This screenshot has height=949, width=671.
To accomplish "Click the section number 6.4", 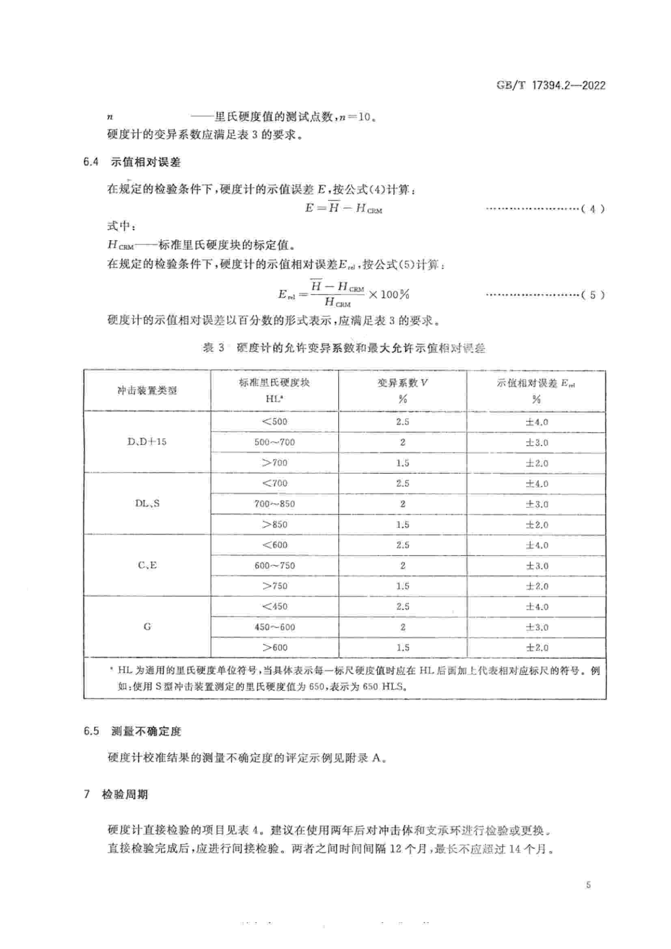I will tap(91, 162).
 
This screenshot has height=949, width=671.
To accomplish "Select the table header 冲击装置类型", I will tap(147, 391).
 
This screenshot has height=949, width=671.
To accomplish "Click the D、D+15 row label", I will tap(147, 442).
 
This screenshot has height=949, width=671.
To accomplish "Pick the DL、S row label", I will tap(147, 504).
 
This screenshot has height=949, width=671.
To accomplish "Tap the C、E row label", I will tap(147, 565).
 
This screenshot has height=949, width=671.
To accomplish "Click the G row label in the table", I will tap(147, 626).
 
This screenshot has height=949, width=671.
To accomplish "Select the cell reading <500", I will tap(274, 422).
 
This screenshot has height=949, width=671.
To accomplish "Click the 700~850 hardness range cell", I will tap(274, 504).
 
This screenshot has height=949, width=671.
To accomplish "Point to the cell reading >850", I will tap(274, 525).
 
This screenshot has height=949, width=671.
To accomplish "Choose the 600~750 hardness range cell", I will tap(274, 566).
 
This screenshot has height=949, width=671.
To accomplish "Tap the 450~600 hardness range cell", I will tap(274, 627).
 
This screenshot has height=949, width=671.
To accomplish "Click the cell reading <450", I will tap(274, 606).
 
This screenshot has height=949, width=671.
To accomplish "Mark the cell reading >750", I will tap(274, 586).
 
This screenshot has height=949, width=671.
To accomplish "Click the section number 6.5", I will tap(91, 731).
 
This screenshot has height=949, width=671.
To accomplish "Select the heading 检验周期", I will tap(125, 794).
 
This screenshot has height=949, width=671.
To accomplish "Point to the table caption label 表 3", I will tap(214, 348).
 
